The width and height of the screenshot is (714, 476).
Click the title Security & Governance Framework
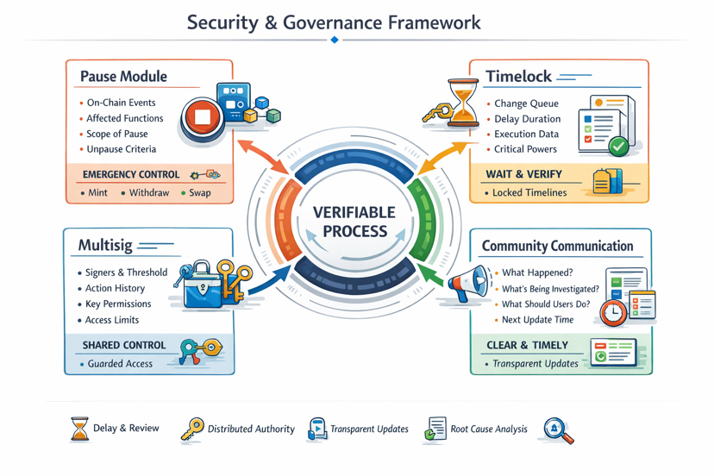point(334,22)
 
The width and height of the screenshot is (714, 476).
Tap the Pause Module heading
point(122,77)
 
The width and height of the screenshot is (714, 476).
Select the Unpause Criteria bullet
point(121,149)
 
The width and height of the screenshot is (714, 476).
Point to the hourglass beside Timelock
point(464,103)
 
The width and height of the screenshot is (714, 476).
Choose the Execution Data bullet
point(526,135)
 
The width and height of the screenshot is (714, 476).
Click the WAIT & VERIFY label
point(523,174)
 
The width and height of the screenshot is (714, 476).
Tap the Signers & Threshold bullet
point(126,272)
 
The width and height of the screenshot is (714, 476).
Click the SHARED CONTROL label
point(123,345)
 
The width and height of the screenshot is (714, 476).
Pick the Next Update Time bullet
point(537,320)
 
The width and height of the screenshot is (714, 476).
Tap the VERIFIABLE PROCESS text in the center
point(354,222)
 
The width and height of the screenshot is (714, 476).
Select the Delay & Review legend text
point(126,428)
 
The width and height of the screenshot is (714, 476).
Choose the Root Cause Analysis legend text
point(488,429)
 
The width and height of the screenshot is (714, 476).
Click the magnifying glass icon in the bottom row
point(558,429)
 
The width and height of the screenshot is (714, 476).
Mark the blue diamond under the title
point(335,40)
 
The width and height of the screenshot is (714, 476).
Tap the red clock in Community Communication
point(613,312)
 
